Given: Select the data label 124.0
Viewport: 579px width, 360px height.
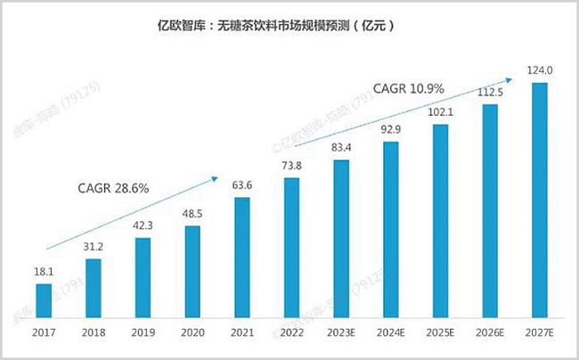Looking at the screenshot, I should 539,70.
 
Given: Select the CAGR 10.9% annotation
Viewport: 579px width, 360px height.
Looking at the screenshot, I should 407,90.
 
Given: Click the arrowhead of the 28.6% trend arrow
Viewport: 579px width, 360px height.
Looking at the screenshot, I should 214,177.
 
